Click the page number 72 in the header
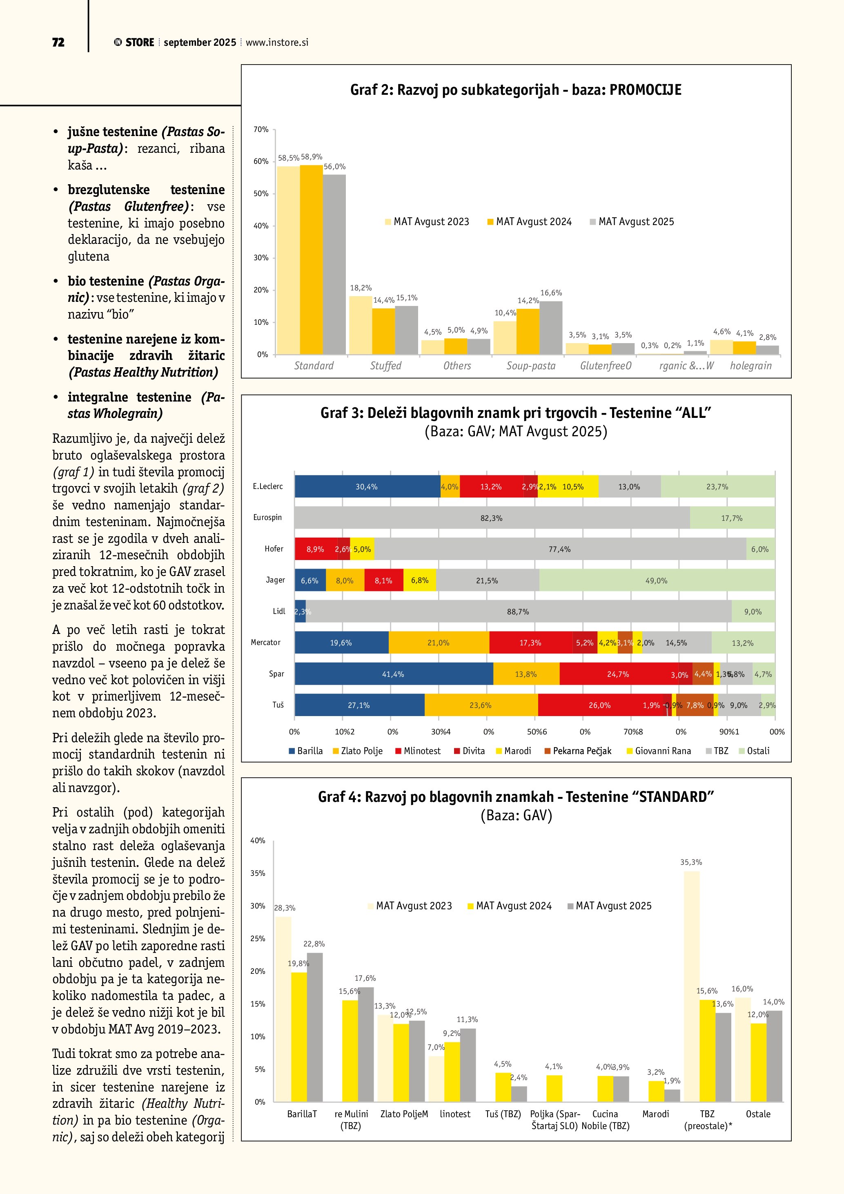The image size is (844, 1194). point(58,42)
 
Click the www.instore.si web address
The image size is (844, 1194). point(276,42)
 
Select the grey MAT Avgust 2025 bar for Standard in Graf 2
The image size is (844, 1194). point(334,264)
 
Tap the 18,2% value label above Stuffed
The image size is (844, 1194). point(361,288)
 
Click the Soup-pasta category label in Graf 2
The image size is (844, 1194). point(531,366)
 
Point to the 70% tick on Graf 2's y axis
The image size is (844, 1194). point(261,129)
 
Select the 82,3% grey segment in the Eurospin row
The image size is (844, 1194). point(492,518)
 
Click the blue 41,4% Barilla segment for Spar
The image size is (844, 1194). point(393,674)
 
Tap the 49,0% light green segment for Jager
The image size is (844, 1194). point(657,580)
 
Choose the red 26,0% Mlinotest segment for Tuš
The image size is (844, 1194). point(600,705)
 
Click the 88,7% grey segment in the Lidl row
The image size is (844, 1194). point(518,612)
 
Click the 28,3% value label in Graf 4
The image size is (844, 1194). point(285,908)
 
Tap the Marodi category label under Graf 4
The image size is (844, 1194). point(655,1114)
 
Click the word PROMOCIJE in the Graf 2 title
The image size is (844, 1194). point(645,90)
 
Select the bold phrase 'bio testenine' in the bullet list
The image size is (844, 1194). point(105,281)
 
